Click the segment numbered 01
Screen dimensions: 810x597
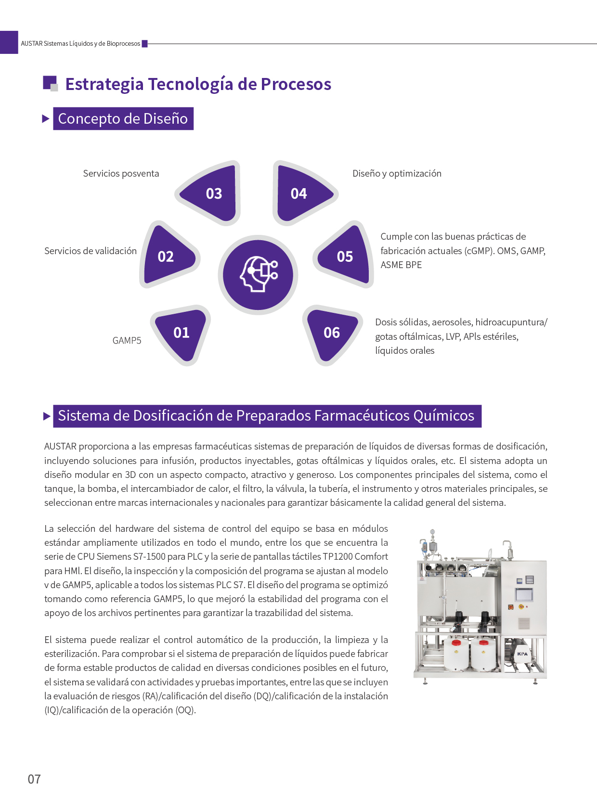pyautogui.click(x=182, y=333)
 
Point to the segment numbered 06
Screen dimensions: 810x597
pyautogui.click(x=332, y=333)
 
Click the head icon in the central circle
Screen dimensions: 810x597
pyautogui.click(x=259, y=274)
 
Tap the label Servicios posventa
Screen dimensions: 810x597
pyautogui.click(x=121, y=174)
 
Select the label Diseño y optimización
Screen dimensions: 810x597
pyautogui.click(x=397, y=174)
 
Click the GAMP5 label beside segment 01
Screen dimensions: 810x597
pyautogui.click(x=127, y=341)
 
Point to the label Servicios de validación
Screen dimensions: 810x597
pyautogui.click(x=91, y=251)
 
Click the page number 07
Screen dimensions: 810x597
pyautogui.click(x=34, y=779)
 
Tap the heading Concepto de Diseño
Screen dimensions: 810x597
pyautogui.click(x=123, y=119)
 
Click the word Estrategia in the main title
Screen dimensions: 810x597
pyautogui.click(x=104, y=84)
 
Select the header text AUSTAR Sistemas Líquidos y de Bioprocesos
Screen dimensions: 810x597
pyautogui.click(x=80, y=44)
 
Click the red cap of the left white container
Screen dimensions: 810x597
pyautogui.click(x=456, y=643)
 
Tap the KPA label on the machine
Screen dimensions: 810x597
pyautogui.click(x=522, y=654)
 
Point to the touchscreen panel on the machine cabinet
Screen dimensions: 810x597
pyautogui.click(x=524, y=594)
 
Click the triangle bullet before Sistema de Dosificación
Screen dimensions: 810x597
pyautogui.click(x=47, y=416)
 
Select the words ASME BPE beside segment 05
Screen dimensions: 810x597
pyautogui.click(x=401, y=265)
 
